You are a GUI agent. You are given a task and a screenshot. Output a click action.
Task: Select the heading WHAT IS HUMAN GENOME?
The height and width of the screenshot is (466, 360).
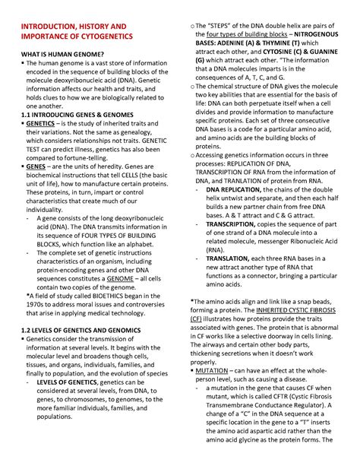point(62,62)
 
